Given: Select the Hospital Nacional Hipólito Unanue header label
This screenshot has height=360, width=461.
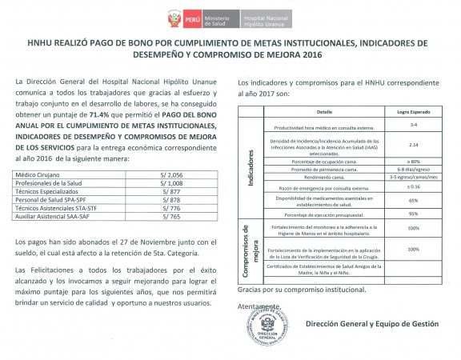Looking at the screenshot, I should tap(263, 17).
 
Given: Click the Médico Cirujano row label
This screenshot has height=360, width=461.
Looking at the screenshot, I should tap(37, 174).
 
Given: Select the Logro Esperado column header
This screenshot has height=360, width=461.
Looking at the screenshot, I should tap(413, 113).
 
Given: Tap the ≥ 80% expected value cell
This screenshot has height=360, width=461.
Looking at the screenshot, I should tap(413, 161).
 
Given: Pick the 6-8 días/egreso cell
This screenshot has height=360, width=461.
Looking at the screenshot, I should tap(413, 169).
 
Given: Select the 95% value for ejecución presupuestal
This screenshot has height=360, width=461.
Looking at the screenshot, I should tap(413, 214).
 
